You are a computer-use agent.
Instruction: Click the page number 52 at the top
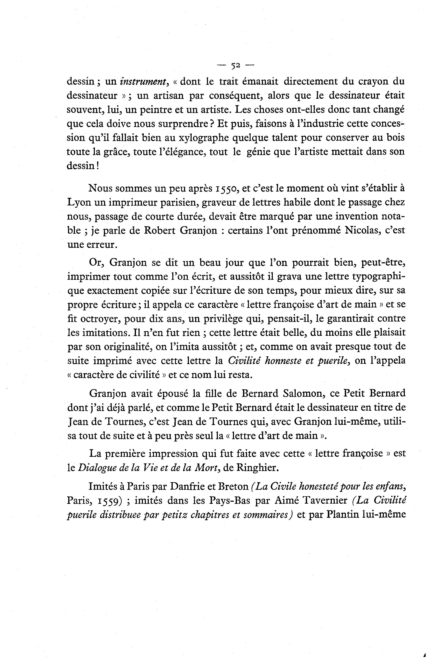235,66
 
